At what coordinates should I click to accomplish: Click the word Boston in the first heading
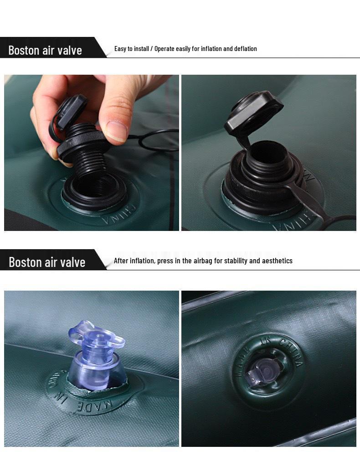(24, 50)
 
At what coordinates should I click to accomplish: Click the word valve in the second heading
(70, 262)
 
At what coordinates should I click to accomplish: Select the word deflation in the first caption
(244, 49)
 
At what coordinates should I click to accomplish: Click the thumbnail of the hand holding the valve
(91, 153)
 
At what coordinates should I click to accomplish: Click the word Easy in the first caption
(120, 49)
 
